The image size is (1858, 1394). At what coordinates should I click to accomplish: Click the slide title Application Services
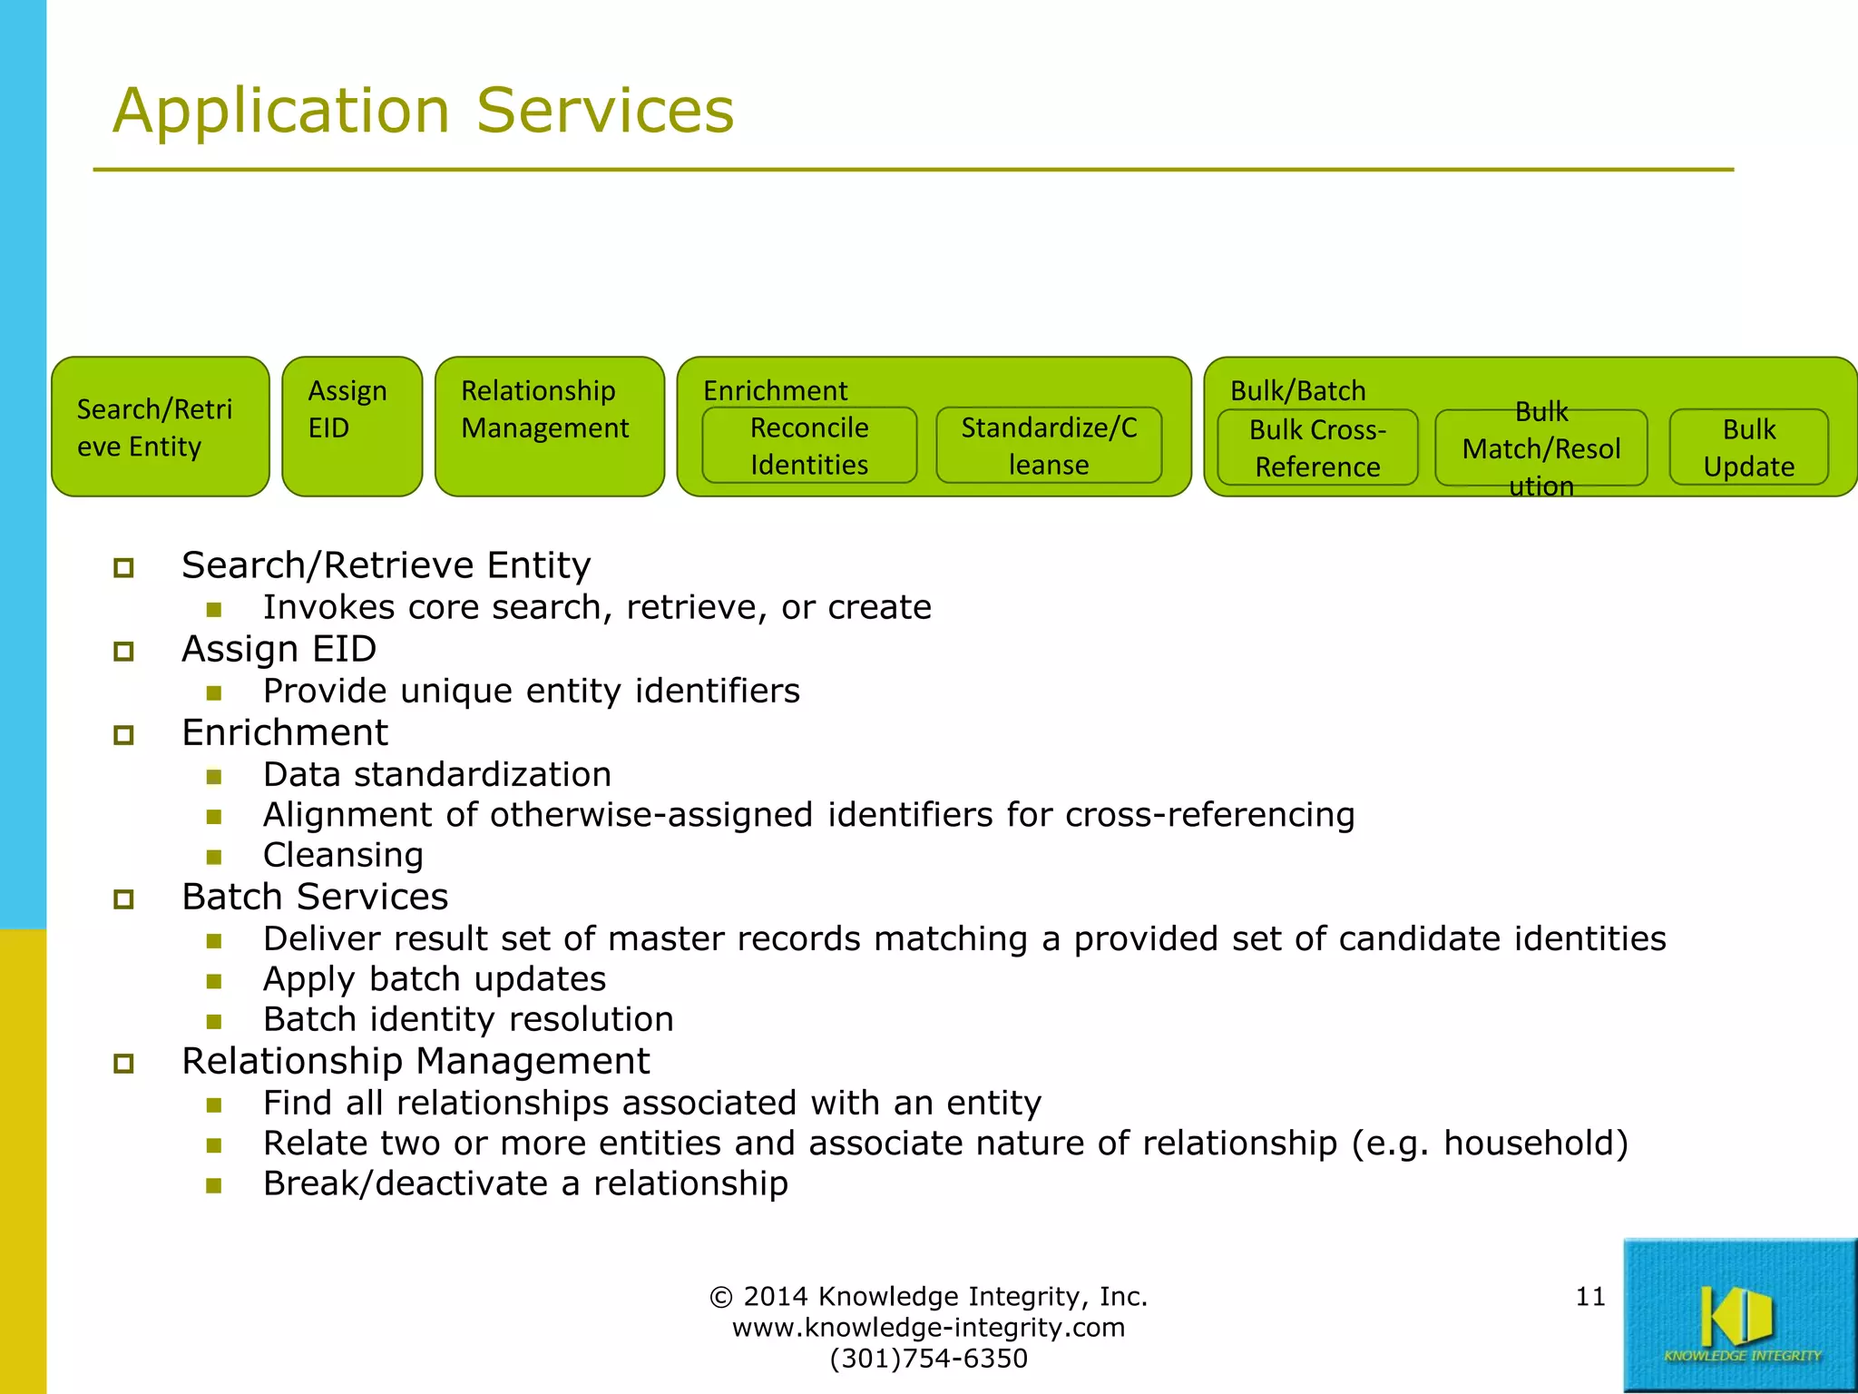[423, 111]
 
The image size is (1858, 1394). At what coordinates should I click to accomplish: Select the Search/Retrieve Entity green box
[160, 427]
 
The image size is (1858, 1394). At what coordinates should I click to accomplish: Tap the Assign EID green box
[352, 427]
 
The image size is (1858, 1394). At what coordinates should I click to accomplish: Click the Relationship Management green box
[549, 427]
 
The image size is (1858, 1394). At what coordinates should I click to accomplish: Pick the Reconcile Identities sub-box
[809, 446]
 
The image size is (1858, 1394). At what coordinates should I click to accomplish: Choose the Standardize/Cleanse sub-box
[1049, 446]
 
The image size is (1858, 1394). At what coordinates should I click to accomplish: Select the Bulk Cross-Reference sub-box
[1317, 447]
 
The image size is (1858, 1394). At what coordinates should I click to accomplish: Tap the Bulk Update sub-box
[1748, 447]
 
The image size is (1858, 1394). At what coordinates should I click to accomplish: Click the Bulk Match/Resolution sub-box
[1540, 448]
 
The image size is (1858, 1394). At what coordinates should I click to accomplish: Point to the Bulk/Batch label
[1297, 390]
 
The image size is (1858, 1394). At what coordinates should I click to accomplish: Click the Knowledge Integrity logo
[1739, 1315]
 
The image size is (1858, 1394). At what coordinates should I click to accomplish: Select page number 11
[1590, 1296]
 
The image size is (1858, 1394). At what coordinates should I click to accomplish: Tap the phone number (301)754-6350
[928, 1359]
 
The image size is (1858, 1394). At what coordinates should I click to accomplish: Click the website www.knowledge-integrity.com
[928, 1327]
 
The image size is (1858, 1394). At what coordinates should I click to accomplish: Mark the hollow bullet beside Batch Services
[124, 899]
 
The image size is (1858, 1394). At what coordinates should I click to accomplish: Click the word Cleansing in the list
[343, 855]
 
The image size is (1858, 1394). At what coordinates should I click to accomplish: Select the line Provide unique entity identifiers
[531, 691]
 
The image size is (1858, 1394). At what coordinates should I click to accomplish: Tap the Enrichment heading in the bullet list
[284, 732]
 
